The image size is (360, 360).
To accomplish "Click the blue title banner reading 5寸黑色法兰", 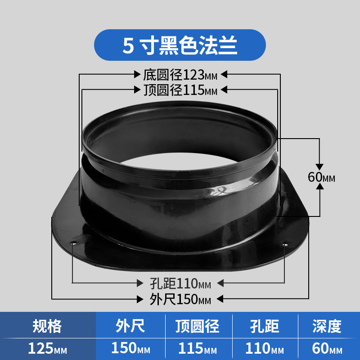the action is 180,45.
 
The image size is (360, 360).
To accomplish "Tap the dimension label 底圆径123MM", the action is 180,75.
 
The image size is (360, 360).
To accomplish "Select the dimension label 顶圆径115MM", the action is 180,90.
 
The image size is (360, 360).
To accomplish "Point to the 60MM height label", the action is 321,177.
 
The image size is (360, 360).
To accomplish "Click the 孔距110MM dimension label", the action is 180,283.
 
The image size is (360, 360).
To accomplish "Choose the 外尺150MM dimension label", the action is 180,299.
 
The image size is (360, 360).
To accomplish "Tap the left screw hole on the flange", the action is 74,243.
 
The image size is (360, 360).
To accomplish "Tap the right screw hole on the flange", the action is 285,244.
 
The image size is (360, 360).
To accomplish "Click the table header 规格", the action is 47,326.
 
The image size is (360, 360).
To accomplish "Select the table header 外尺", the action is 130,326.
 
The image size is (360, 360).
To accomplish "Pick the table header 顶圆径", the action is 198,326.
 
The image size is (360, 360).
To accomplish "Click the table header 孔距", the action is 265,326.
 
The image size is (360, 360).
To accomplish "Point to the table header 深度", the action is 327,326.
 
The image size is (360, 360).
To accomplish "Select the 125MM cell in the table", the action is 48,348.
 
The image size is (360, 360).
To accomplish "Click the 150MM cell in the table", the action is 130,348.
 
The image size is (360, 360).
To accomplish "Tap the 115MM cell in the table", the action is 198,348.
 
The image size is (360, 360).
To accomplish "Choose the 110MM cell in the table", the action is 265,348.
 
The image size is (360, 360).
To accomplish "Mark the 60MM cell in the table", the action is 327,348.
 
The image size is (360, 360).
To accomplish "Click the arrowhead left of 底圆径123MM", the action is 137,74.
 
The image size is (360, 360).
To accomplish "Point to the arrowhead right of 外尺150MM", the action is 220,299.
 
